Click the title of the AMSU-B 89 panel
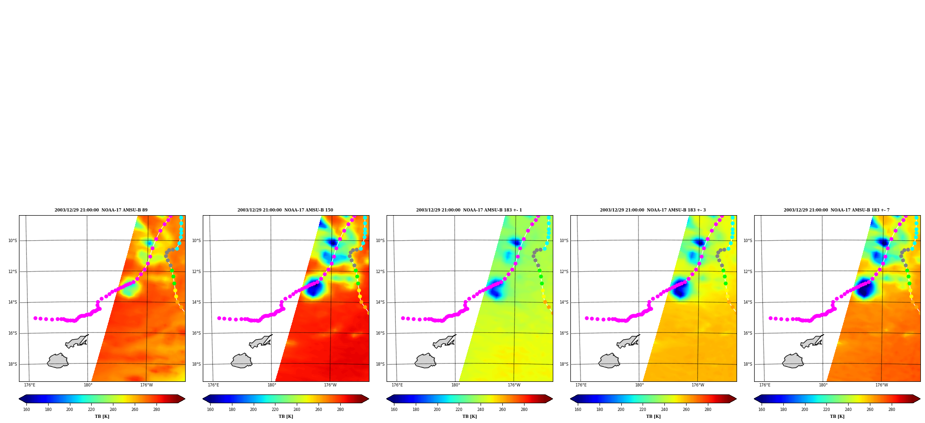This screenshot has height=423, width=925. click(101, 210)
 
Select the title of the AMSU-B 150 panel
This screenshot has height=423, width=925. click(285, 210)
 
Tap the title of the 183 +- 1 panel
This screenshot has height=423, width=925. click(469, 210)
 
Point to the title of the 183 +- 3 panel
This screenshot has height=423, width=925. click(653, 210)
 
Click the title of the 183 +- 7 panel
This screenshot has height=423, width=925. click(837, 210)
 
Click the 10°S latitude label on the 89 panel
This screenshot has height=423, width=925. click(12, 241)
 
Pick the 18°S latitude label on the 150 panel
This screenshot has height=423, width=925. click(196, 364)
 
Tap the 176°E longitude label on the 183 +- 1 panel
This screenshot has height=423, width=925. click(397, 385)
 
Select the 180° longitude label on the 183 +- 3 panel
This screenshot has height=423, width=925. click(639, 385)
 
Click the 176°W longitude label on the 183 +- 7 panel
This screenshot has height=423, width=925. click(881, 385)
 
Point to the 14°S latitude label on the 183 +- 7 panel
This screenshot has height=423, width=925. click(748, 302)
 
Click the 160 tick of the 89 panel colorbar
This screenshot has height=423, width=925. click(26, 410)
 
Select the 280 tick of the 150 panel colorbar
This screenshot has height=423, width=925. click(340, 410)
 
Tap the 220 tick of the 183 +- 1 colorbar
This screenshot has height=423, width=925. click(459, 410)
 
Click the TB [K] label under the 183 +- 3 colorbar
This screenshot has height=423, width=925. click(653, 417)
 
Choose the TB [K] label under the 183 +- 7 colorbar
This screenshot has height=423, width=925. click(837, 417)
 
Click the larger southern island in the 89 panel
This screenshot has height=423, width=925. click(58, 361)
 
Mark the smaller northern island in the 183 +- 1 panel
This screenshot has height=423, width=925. click(444, 342)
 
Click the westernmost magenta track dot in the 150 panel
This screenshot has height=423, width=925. click(219, 318)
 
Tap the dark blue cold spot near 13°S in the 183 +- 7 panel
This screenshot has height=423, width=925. click(864, 288)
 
